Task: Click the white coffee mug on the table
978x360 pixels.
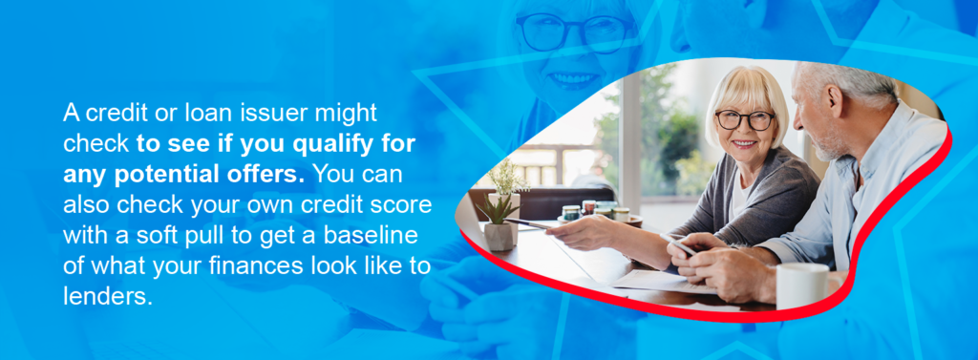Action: (800, 286)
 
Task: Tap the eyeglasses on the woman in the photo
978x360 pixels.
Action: (745, 120)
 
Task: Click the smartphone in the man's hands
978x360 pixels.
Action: (680, 246)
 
